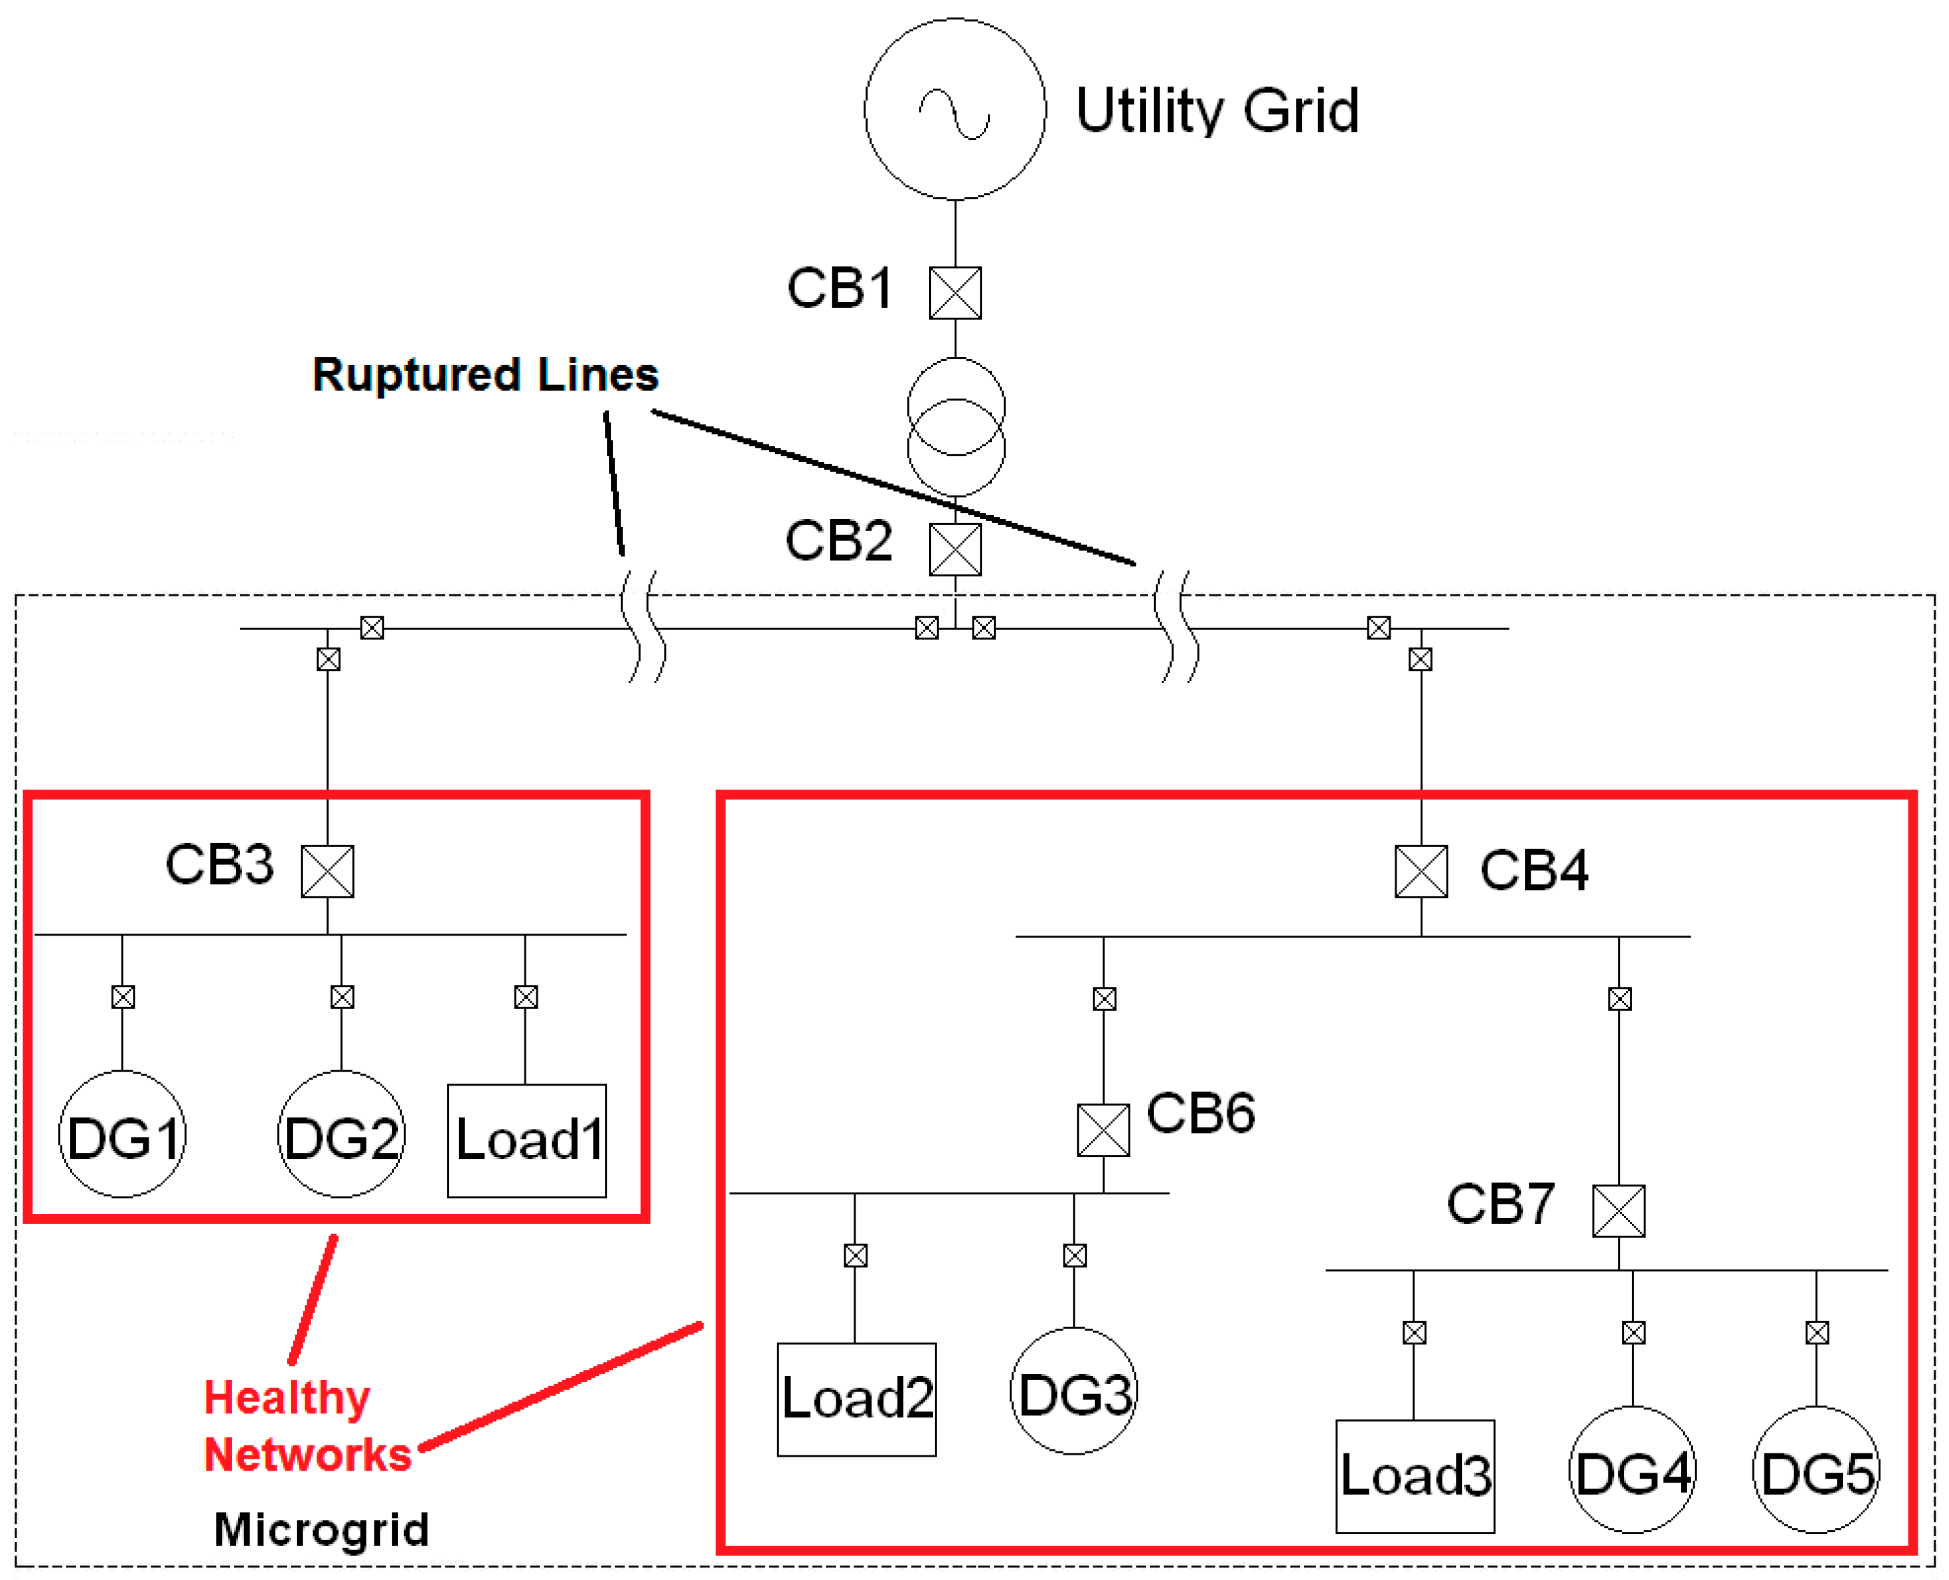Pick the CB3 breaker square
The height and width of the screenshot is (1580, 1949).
point(328,871)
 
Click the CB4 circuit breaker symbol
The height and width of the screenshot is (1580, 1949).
point(1421,871)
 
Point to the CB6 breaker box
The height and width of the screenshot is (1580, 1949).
point(1103,1130)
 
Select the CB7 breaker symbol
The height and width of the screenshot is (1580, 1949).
point(1618,1210)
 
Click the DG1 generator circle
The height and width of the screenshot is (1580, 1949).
point(122,1134)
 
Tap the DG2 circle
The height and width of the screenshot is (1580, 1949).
point(341,1134)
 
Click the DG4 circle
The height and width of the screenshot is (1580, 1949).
point(1632,1470)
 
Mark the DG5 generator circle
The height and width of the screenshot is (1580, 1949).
point(1816,1470)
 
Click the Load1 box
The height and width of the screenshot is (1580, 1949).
point(527,1140)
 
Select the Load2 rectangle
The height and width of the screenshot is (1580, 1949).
point(856,1399)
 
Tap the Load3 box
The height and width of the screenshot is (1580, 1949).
point(1415,1476)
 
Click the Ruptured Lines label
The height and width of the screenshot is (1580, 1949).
point(485,375)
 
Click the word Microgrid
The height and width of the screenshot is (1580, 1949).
point(321,1529)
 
